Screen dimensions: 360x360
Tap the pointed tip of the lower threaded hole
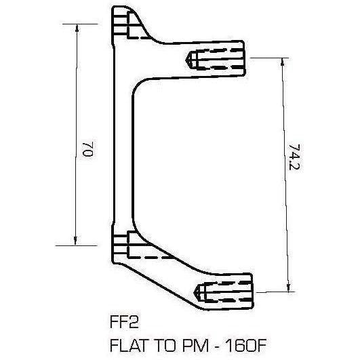pyautogui.click(x=197, y=291)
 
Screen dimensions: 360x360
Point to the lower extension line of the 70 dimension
pyautogui.click(x=85, y=244)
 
